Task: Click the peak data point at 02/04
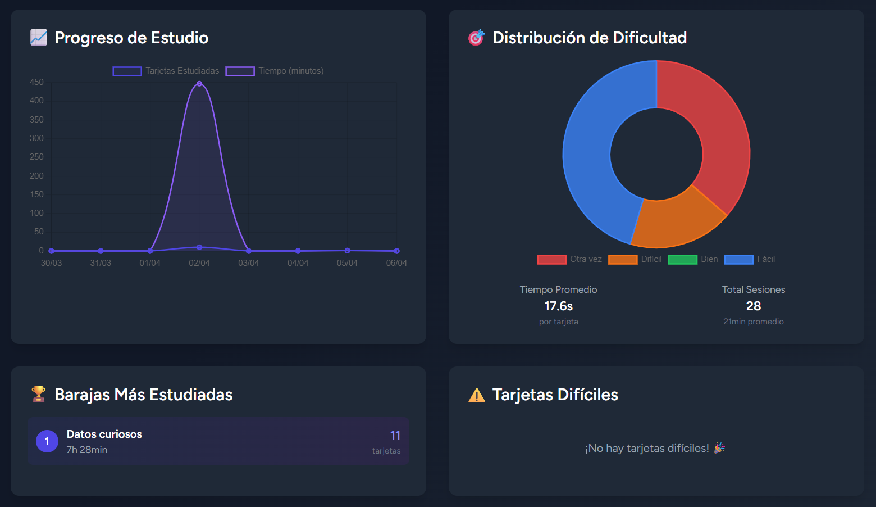[x=199, y=83]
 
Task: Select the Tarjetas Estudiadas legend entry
[x=166, y=71]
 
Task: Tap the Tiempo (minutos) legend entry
[x=275, y=71]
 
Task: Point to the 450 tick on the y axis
[x=36, y=82]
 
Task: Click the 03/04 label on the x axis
[x=248, y=263]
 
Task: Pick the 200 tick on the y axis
[x=36, y=176]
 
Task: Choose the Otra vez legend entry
[x=569, y=259]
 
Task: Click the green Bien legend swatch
[x=682, y=259]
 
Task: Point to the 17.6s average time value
[x=558, y=306]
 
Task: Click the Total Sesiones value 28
[x=753, y=306]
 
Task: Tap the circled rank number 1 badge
[x=47, y=441]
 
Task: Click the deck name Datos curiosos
[x=104, y=434]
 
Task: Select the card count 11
[x=395, y=435]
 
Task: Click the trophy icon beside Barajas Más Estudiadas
[x=39, y=394]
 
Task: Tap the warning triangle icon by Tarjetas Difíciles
[x=476, y=395]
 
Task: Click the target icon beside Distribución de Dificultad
[x=476, y=38]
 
